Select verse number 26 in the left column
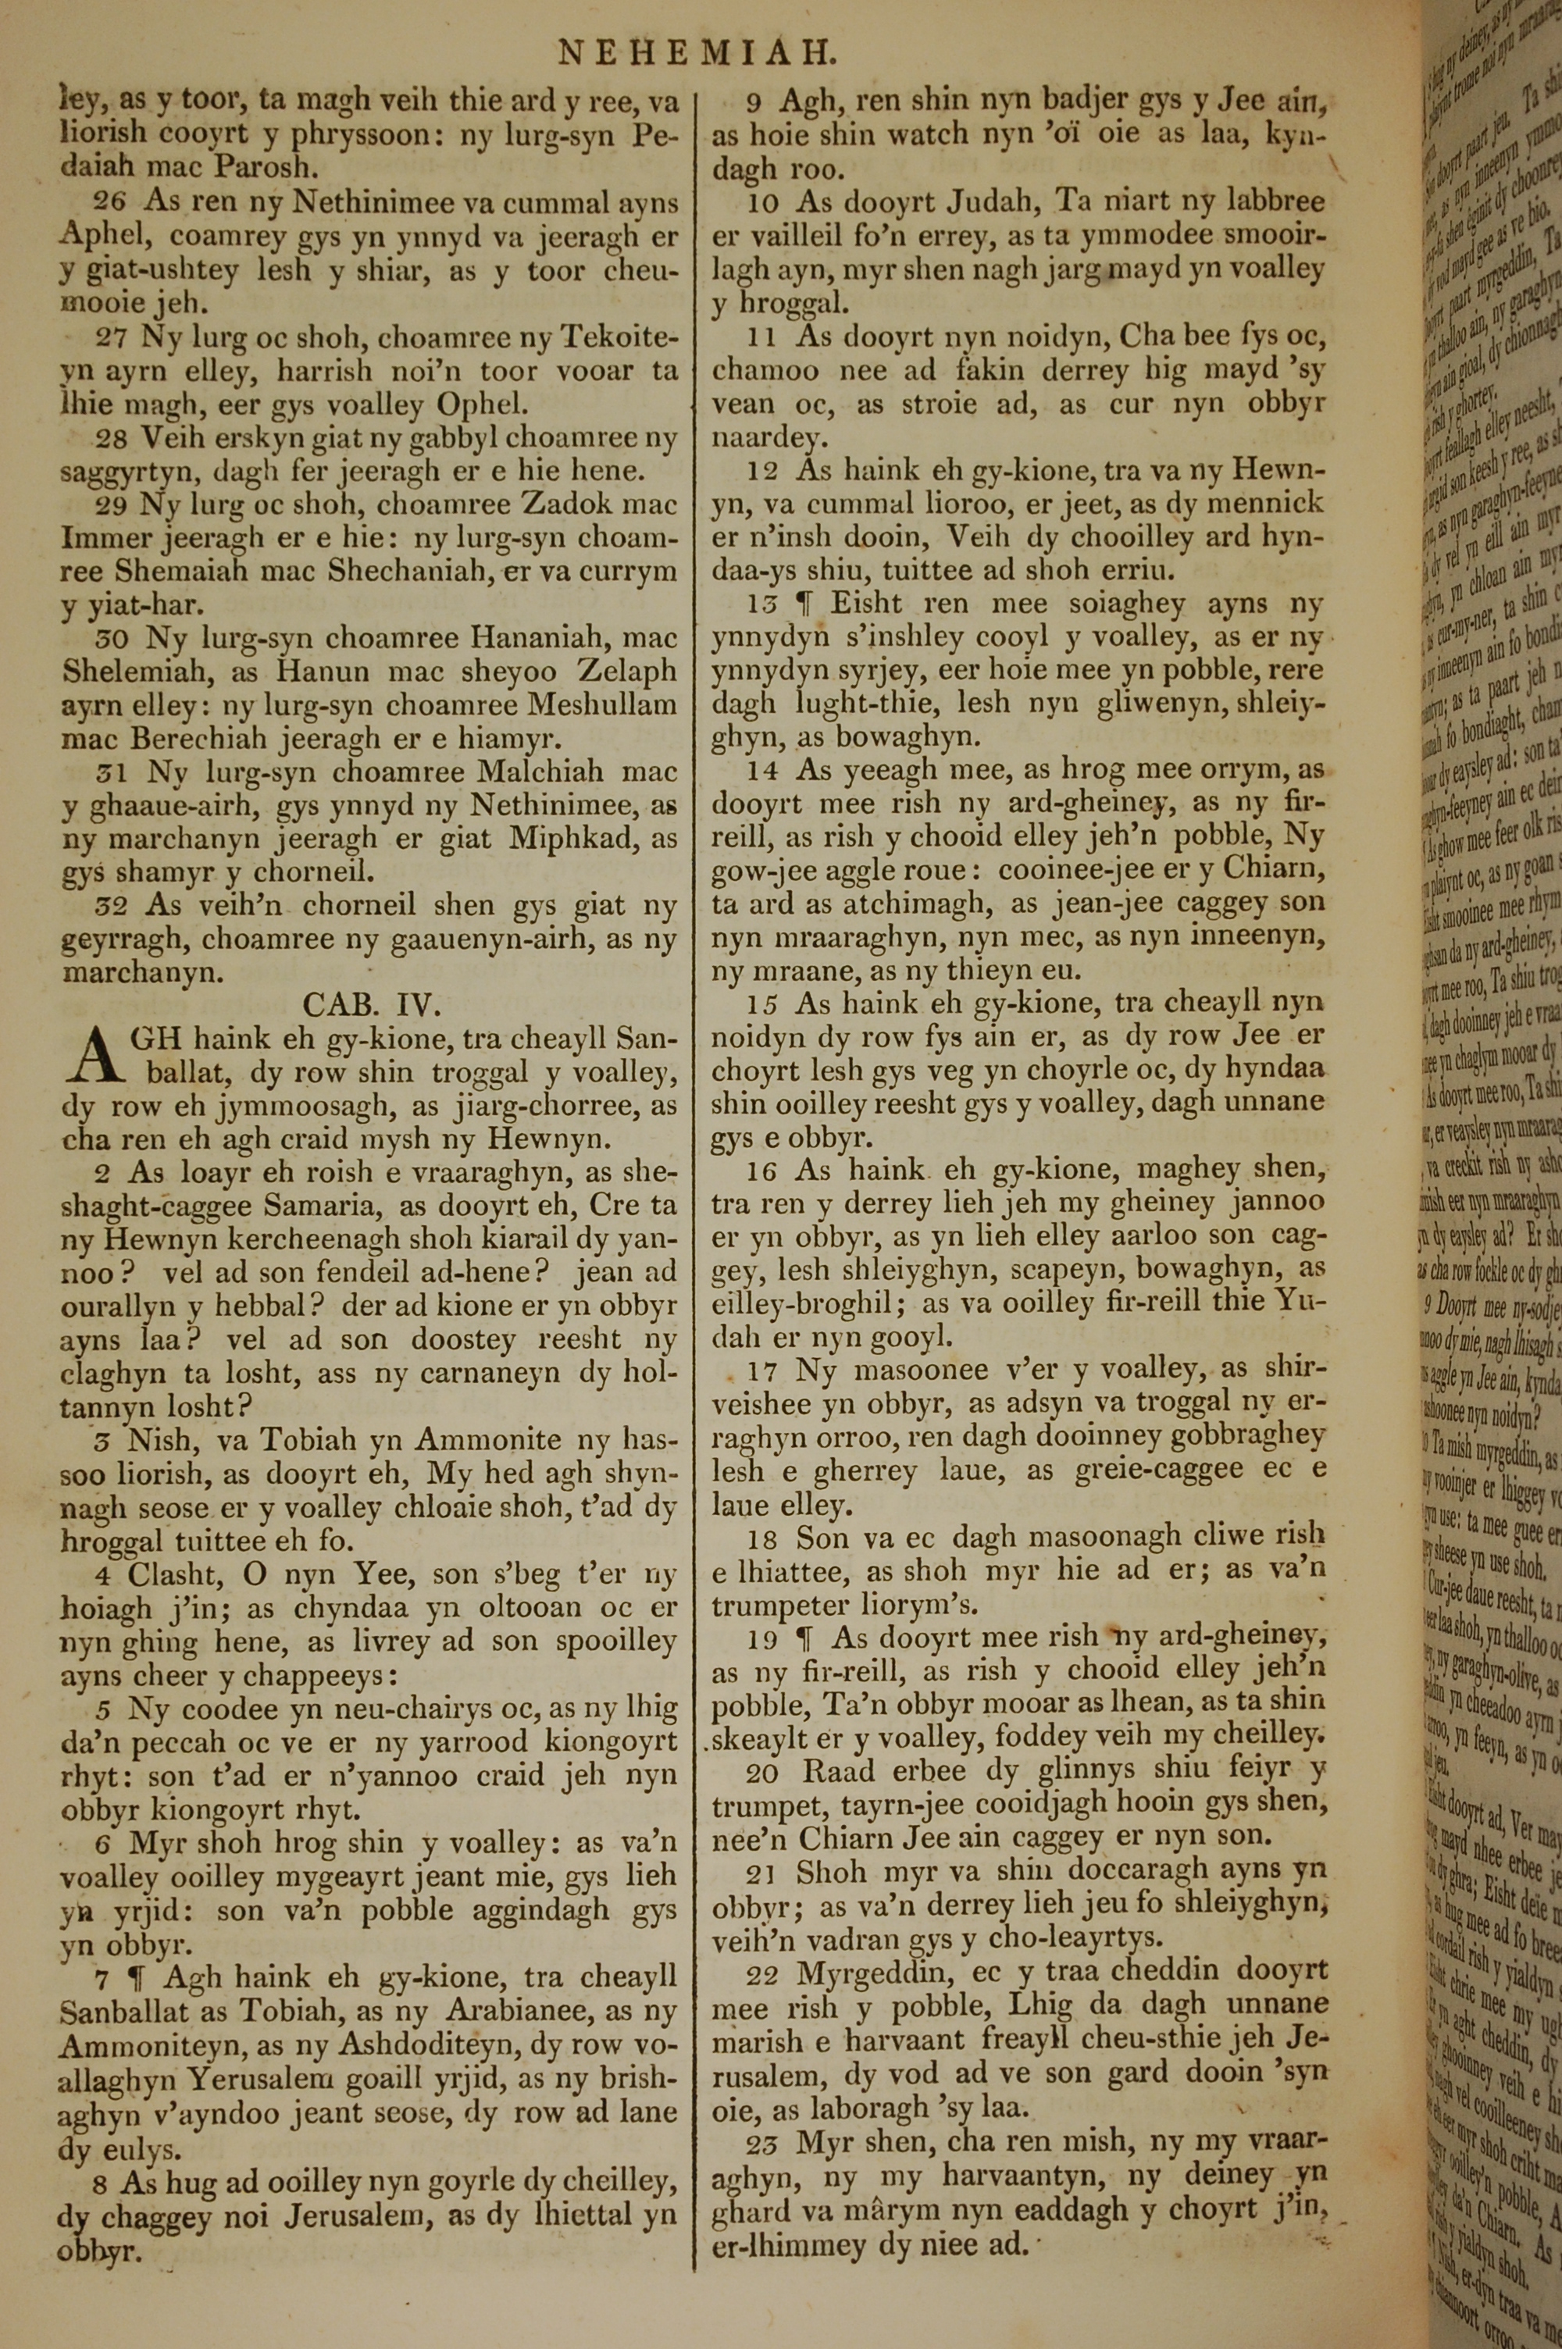coord(109,202)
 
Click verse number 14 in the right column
coord(764,771)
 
